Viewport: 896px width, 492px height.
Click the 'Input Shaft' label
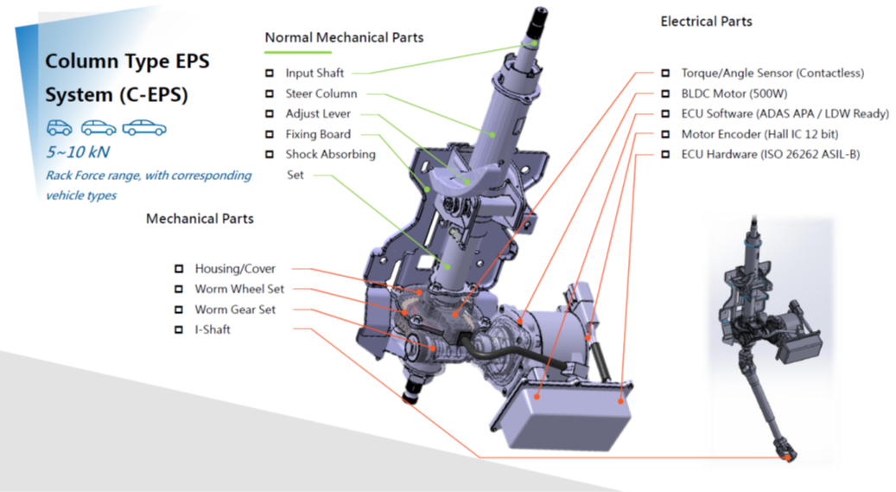[315, 73]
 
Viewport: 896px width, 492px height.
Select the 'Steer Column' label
[321, 93]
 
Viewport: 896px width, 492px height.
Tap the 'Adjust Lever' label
[318, 113]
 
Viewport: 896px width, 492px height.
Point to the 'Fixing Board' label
[318, 134]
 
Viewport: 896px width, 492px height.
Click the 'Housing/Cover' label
[235, 269]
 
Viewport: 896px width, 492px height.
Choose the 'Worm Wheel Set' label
[239, 289]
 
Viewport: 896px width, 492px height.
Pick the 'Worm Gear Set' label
[235, 310]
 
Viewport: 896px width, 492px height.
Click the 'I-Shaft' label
[213, 329]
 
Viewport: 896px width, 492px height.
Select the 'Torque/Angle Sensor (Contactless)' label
[772, 73]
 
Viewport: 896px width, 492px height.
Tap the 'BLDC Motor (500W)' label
[734, 93]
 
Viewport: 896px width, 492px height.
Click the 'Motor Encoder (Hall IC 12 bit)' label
[759, 134]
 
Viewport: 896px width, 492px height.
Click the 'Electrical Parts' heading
[706, 21]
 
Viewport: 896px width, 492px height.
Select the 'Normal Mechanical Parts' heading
[344, 37]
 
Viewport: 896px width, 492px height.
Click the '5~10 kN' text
[73, 152]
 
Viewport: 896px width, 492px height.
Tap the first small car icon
[59, 129]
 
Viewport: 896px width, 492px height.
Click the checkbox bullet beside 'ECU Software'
[665, 114]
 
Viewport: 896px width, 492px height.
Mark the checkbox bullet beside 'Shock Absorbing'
[270, 155]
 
